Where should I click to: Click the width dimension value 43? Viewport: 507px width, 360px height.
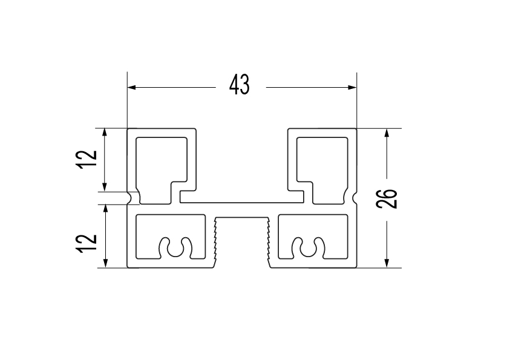click(x=240, y=85)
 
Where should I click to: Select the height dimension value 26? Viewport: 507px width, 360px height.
click(x=387, y=198)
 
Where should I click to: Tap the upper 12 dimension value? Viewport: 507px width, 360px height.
click(x=87, y=159)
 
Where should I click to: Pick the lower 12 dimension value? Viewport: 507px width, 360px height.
click(x=87, y=243)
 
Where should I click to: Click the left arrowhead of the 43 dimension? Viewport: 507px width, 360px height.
click(x=132, y=87)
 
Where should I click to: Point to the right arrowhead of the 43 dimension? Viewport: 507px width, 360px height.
click(x=352, y=87)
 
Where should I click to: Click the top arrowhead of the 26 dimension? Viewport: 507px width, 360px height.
click(x=387, y=133)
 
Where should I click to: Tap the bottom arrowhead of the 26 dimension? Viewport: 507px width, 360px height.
click(x=387, y=263)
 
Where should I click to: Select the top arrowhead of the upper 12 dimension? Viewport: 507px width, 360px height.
click(x=105, y=133)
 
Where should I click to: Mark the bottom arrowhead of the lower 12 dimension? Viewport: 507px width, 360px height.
click(x=105, y=263)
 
